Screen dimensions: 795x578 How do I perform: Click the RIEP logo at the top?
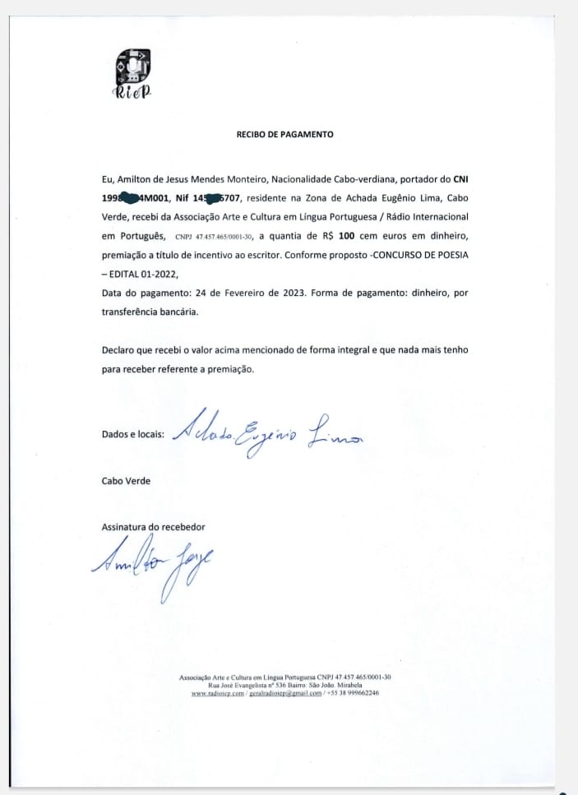tap(132, 75)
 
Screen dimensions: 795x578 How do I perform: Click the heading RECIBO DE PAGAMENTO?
tap(285, 135)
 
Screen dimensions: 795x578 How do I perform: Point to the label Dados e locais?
tap(132, 434)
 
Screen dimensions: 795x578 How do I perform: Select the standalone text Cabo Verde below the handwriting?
tap(126, 481)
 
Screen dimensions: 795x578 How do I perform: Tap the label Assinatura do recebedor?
tap(153, 526)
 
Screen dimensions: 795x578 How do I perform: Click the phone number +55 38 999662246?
tap(353, 693)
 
